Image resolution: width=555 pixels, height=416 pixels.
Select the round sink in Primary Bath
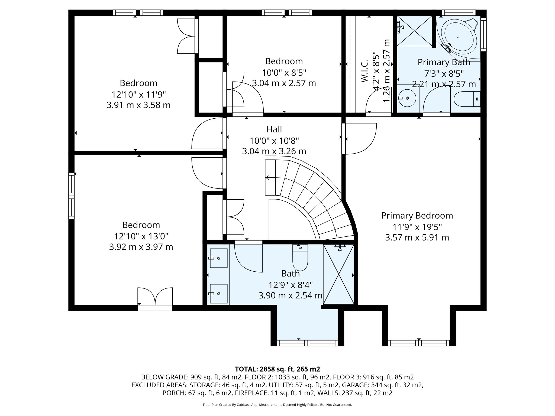pyautogui.click(x=407, y=98)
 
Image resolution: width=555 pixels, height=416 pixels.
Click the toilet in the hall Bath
pyautogui.click(x=300, y=258)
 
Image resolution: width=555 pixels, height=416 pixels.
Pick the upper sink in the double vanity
pyautogui.click(x=219, y=258)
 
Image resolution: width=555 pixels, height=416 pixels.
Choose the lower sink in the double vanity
pyautogui.click(x=219, y=294)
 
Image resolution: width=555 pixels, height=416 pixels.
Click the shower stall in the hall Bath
pyautogui.click(x=339, y=274)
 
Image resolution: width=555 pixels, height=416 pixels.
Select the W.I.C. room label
pyautogui.click(x=365, y=71)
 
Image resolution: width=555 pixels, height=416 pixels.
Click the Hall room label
pyautogui.click(x=274, y=129)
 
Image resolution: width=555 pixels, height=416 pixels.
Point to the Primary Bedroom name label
pyautogui.click(x=417, y=216)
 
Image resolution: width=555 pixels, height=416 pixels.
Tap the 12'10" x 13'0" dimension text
pyautogui.click(x=141, y=236)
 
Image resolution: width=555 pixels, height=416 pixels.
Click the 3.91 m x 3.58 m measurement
pyautogui.click(x=138, y=105)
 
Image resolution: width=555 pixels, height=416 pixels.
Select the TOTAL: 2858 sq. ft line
pyautogui.click(x=277, y=369)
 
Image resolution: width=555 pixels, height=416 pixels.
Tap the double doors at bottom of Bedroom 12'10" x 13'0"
pyautogui.click(x=155, y=297)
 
